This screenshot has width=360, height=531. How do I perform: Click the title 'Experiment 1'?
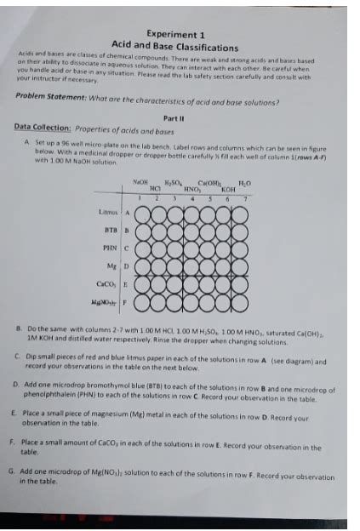(x=174, y=33)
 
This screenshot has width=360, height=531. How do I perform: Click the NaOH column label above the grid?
(x=141, y=181)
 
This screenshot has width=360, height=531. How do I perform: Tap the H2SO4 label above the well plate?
(x=176, y=181)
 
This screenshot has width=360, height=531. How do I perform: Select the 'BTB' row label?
(x=109, y=231)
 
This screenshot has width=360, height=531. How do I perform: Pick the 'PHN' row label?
(x=109, y=249)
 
